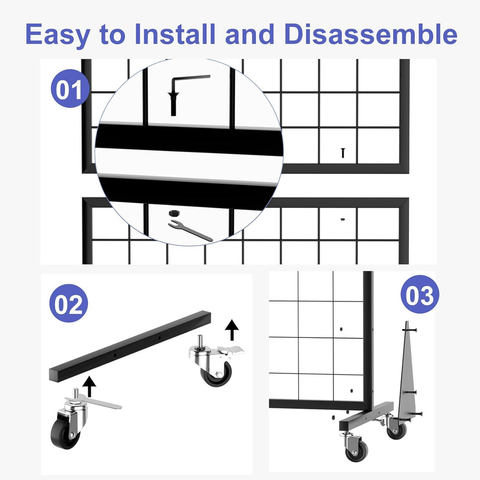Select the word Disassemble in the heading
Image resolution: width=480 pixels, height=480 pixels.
coord(370,35)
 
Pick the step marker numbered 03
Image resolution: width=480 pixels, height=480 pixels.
coord(420,295)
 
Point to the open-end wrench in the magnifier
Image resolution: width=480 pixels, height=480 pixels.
coord(190,230)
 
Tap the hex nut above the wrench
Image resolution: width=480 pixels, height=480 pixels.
coord(173,213)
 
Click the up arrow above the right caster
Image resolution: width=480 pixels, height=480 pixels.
coord(232,330)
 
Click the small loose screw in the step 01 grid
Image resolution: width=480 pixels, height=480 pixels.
coord(343,153)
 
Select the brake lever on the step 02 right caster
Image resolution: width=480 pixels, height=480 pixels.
coord(229,350)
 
